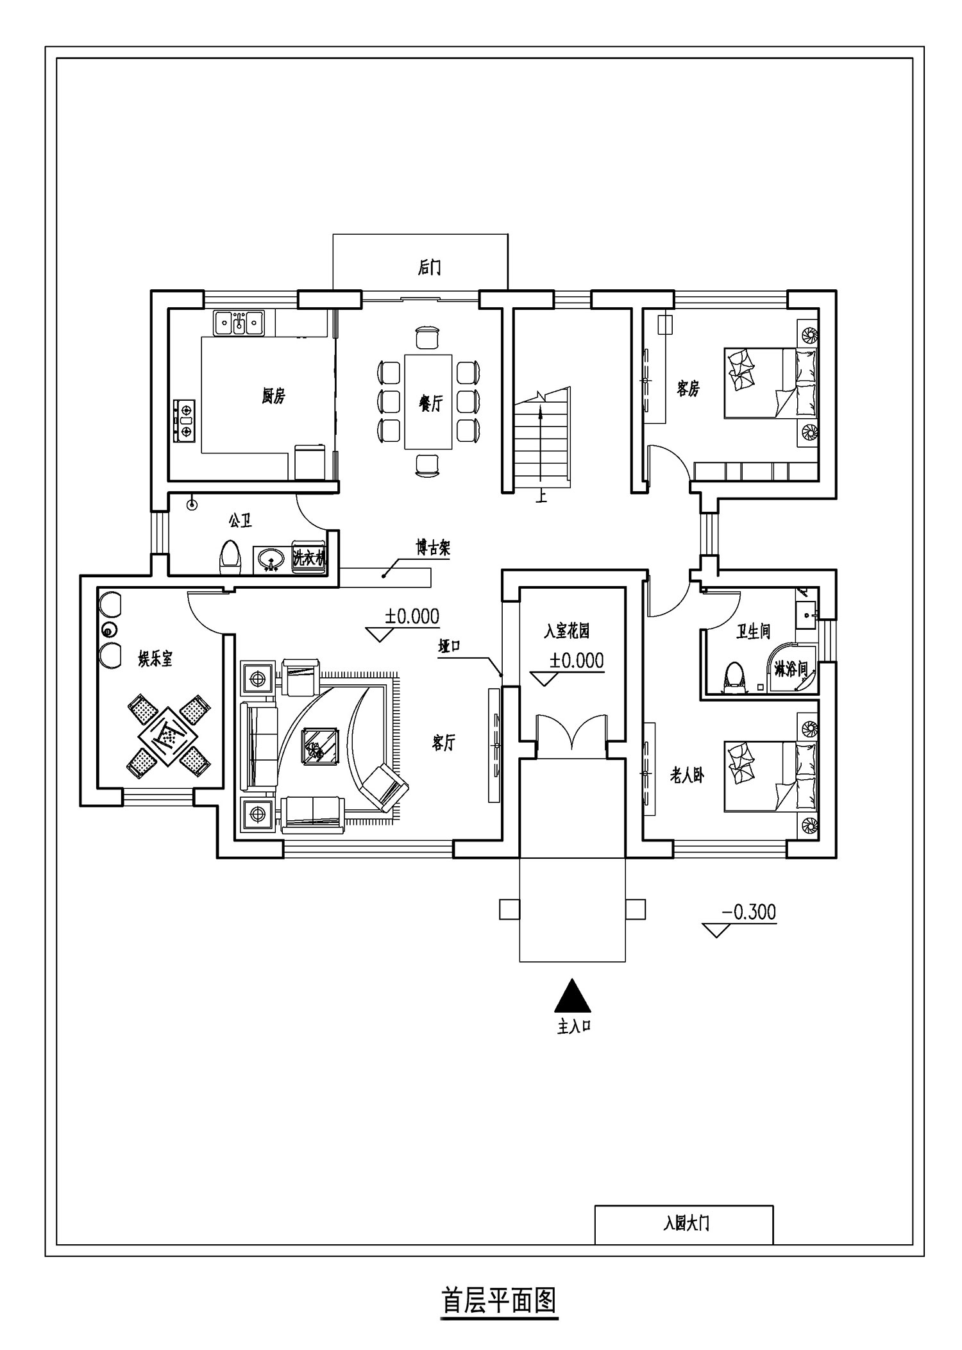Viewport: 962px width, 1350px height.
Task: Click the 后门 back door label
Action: tap(429, 267)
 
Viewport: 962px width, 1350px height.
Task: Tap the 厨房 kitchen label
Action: tap(273, 396)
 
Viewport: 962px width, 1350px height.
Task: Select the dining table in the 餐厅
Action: tap(428, 401)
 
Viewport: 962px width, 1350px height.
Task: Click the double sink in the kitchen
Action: tap(239, 323)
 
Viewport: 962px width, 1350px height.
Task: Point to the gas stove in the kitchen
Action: tap(185, 421)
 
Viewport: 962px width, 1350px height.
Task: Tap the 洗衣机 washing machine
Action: tap(309, 558)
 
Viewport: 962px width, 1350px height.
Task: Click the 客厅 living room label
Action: tap(443, 743)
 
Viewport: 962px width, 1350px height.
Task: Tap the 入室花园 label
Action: tap(566, 632)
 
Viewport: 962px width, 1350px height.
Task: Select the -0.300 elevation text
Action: tap(748, 911)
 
